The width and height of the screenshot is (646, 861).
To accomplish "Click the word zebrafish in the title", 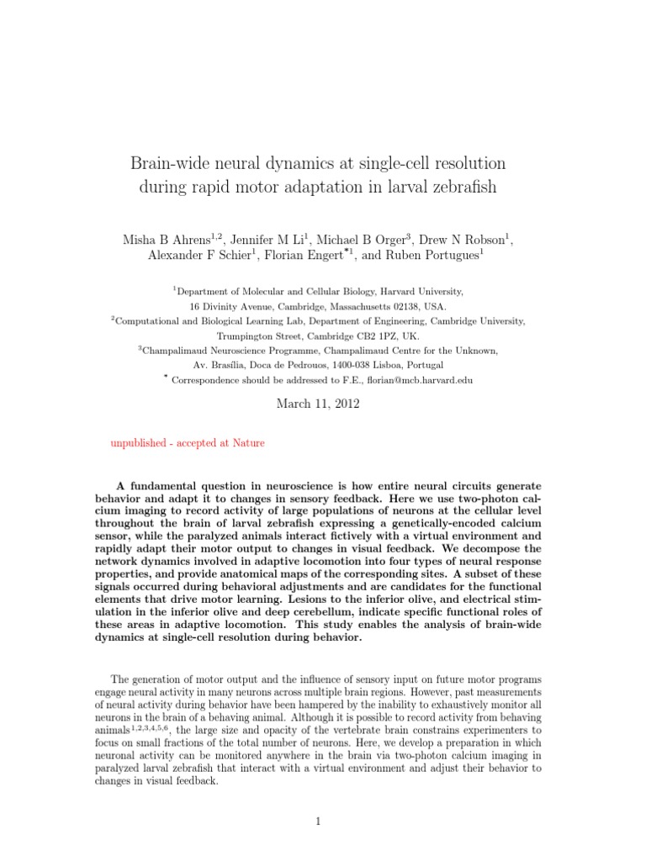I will [x=461, y=187].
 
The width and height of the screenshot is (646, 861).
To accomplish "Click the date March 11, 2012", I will [x=318, y=404].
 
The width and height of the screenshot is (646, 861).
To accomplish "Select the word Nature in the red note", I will [x=246, y=443].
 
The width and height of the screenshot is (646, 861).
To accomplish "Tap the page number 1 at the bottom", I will [x=319, y=822].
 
